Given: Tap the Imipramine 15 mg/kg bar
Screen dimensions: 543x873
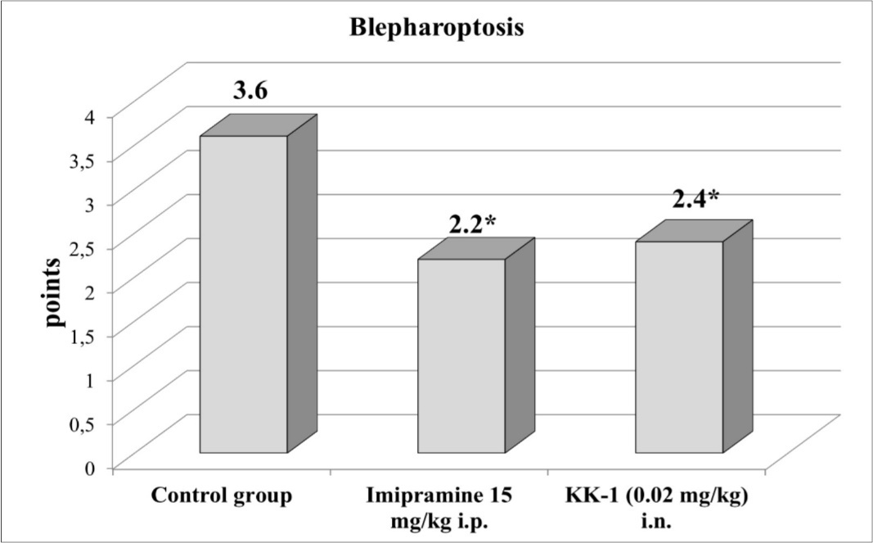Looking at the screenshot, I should coord(461,355).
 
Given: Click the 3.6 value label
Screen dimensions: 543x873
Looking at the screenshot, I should coord(250,92).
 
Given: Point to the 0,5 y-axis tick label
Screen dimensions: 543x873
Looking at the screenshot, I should coord(83,423).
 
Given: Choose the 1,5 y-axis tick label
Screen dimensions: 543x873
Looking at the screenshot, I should coord(83,335).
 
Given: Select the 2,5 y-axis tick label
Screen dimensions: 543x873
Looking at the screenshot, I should coord(83,247).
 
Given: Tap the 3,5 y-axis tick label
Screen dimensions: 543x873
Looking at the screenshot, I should coord(83,160).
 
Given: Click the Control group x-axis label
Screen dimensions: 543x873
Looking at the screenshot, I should coord(221,496).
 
